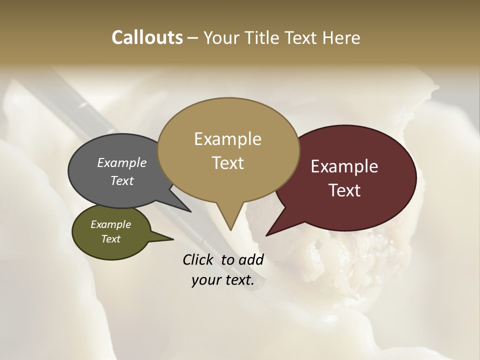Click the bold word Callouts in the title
click(147, 38)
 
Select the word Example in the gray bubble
click(121, 162)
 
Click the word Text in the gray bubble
click(121, 180)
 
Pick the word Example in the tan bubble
click(227, 139)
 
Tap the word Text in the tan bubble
click(227, 163)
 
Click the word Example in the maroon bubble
click(344, 166)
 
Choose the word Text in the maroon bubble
click(344, 190)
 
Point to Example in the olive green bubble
click(110, 224)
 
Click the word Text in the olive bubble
click(110, 239)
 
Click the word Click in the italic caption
click(199, 259)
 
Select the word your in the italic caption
click(205, 280)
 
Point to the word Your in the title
click(223, 38)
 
